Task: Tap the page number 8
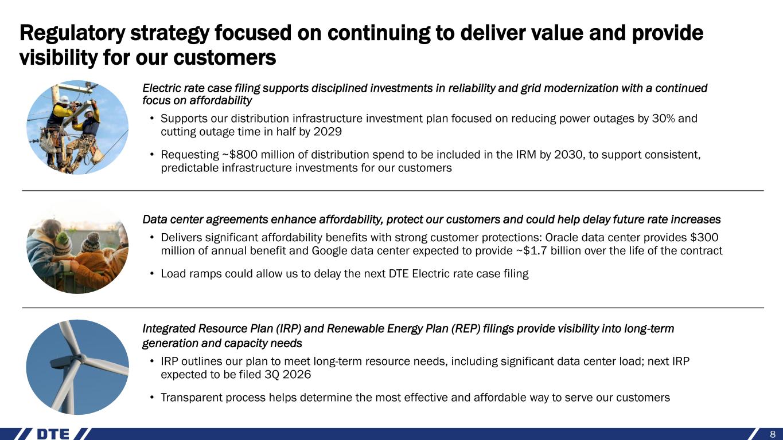tap(773, 434)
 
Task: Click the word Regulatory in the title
tap(72, 34)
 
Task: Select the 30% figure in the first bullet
tap(663, 119)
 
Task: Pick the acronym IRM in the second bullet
tap(526, 154)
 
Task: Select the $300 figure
tap(704, 237)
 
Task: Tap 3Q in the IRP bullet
tap(271, 374)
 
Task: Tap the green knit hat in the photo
tap(63, 239)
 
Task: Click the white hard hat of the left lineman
tap(65, 100)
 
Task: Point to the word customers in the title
tap(225, 58)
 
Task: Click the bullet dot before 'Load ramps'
tap(151, 273)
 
